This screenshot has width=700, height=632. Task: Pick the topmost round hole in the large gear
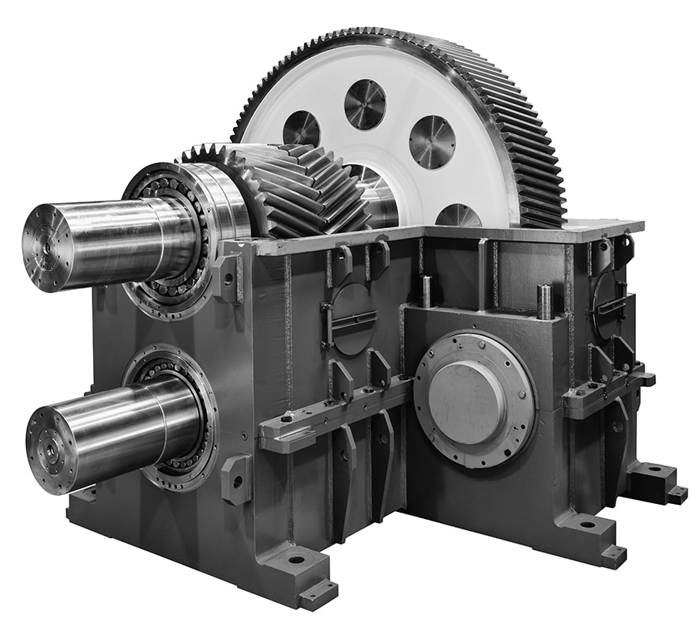click(x=364, y=103)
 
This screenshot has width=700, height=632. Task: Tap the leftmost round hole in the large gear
click(x=301, y=128)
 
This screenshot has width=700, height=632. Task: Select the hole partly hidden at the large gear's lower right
click(x=458, y=215)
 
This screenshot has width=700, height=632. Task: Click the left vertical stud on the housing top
click(x=425, y=291)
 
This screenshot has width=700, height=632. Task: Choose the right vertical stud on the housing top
click(x=544, y=301)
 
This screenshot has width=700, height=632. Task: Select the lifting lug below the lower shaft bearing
click(x=236, y=479)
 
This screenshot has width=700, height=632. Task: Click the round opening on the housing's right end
click(x=609, y=305)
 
